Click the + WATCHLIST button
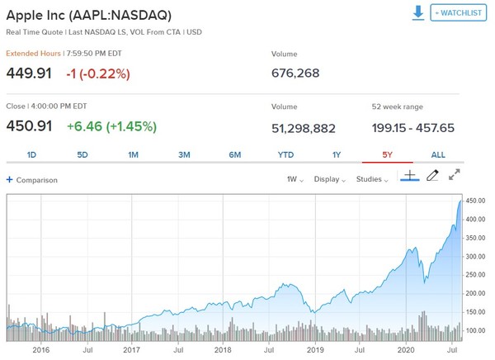pos(458,13)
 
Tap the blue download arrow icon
pos(418,13)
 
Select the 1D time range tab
pos(31,154)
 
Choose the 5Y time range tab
pos(387,154)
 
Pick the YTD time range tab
pos(285,154)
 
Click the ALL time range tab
pos(438,154)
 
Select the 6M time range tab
pos(235,154)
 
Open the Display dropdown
pos(329,179)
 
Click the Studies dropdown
pos(371,179)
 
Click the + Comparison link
pos(32,179)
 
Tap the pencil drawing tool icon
pos(431,176)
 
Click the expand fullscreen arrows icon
pos(455,175)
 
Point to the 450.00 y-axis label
pos(474,201)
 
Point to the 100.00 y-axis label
pos(474,330)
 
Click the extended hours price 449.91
pos(29,73)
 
